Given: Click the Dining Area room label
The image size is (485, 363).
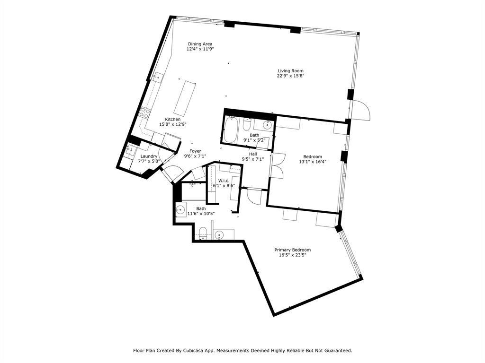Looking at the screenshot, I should click(200, 44).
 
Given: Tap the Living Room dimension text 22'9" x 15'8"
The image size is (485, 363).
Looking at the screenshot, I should click(290, 76).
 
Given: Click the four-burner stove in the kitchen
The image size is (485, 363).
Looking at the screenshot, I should click(145, 113).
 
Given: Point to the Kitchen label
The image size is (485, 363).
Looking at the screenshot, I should click(172, 119).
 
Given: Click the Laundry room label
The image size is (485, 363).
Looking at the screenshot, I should click(148, 156).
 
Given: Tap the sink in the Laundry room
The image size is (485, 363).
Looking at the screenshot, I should click(130, 150).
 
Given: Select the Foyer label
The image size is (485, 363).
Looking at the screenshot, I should click(195, 151).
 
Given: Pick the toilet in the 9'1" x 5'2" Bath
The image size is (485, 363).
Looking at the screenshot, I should click(247, 125).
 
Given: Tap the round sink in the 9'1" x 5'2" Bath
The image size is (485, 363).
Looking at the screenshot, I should click(267, 125).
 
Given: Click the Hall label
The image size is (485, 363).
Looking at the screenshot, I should click(253, 154).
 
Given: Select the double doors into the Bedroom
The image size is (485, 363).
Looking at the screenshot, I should click(277, 165).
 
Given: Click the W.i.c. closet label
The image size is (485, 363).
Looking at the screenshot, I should click(224, 181).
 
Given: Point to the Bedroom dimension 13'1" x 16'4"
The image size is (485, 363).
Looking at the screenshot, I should click(313, 162).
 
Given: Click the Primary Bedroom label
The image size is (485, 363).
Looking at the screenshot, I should click(293, 250).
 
